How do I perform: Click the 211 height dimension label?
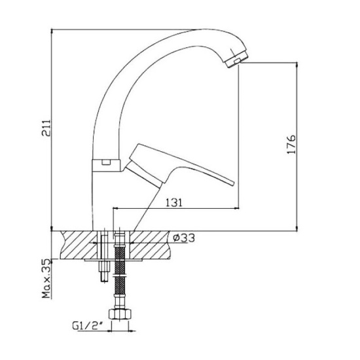click(x=46, y=128)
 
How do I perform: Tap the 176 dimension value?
click(x=291, y=145)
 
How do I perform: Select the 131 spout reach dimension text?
click(x=174, y=202)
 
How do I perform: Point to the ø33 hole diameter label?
click(x=184, y=238)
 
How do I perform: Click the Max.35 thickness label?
click(x=46, y=278)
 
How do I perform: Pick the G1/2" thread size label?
click(x=88, y=326)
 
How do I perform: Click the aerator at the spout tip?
click(x=236, y=58)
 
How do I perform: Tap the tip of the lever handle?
click(x=233, y=183)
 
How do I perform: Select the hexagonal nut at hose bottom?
click(x=120, y=314)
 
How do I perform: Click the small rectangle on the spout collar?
click(x=106, y=162)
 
